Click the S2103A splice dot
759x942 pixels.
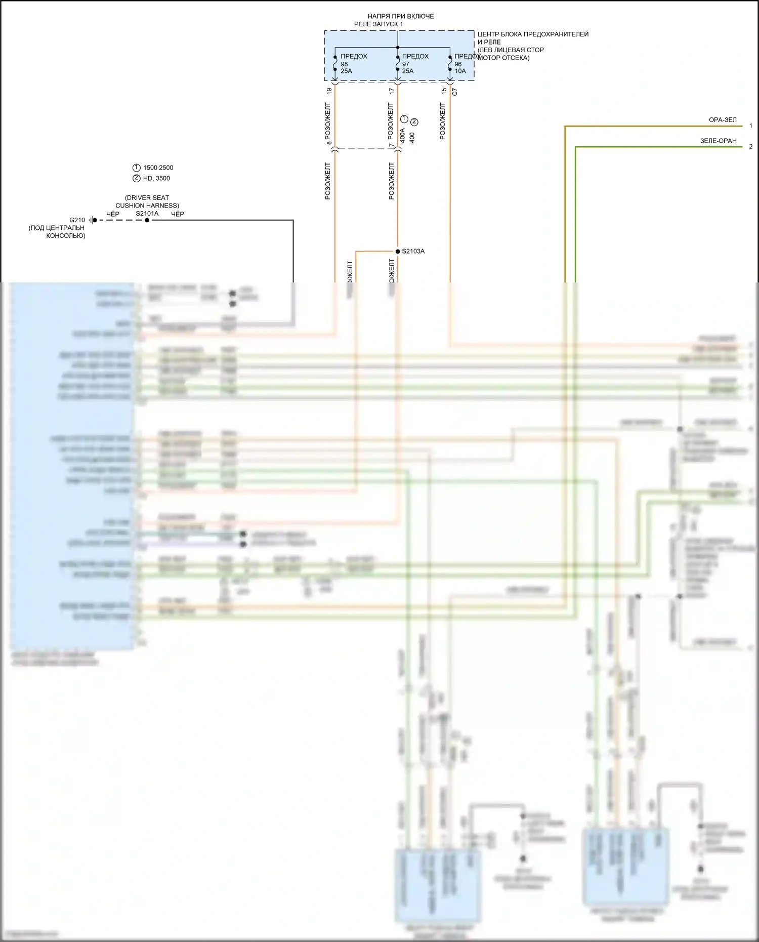click(x=398, y=252)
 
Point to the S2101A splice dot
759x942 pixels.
click(x=147, y=220)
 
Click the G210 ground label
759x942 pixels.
click(x=77, y=220)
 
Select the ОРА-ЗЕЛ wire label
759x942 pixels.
click(x=723, y=120)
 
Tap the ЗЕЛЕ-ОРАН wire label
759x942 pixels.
click(x=718, y=141)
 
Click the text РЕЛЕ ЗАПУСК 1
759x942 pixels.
click(x=378, y=24)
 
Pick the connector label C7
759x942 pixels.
click(x=454, y=92)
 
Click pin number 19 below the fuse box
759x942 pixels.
click(x=329, y=91)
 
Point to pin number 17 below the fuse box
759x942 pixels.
click(x=392, y=91)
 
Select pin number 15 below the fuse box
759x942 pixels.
click(x=444, y=91)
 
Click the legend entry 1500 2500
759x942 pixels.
click(x=158, y=168)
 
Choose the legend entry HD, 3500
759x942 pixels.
click(x=156, y=178)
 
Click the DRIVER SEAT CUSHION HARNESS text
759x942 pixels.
click(x=147, y=201)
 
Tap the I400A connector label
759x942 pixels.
click(x=402, y=136)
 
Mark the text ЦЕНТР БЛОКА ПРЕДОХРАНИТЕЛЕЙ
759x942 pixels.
click(x=533, y=34)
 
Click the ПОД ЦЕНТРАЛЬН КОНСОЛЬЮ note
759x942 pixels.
click(x=57, y=232)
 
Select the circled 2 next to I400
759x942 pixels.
click(x=414, y=122)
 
